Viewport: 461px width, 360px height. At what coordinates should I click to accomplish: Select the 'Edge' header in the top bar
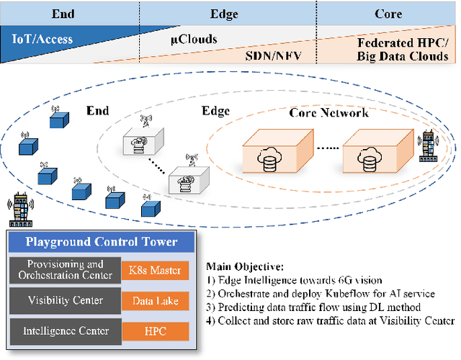(x=224, y=14)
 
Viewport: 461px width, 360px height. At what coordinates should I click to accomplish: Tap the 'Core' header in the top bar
(x=388, y=14)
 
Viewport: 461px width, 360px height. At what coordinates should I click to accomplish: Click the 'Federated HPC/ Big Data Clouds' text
(x=403, y=50)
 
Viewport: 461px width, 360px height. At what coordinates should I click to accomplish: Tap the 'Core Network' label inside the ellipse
(x=328, y=113)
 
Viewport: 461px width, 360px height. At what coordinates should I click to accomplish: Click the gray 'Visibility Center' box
(x=65, y=301)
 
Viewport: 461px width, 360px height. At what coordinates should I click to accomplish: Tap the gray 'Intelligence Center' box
(x=65, y=331)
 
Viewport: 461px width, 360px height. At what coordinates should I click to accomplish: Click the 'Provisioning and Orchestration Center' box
(x=65, y=270)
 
